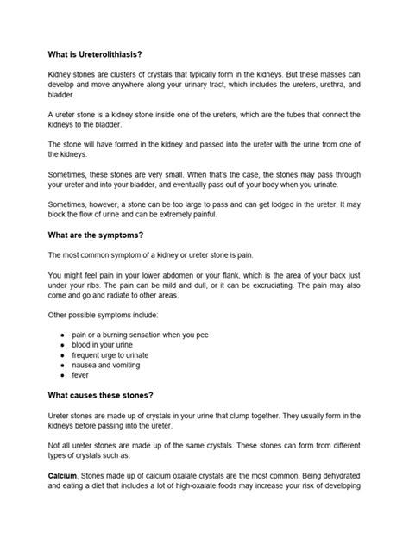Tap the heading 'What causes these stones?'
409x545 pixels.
coord(101,395)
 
